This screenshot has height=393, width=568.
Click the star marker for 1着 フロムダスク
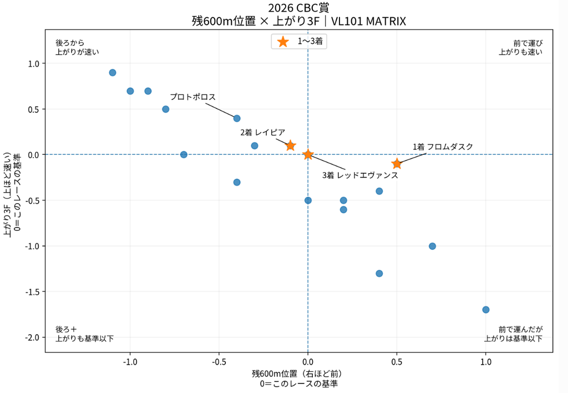397,164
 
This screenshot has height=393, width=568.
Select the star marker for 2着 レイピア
290,145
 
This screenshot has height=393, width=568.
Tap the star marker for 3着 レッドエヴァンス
308,154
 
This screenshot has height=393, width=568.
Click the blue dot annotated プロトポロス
237,118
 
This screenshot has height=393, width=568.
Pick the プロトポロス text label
192,97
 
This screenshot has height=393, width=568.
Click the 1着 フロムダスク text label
443,147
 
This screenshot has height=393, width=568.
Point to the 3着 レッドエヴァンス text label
360,175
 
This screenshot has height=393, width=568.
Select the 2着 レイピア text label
262,132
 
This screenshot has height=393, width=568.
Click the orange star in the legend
283,41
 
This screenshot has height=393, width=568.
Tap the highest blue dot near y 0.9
113,73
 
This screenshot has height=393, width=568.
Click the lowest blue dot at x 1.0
486,310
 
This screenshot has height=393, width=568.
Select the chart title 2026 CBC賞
298,8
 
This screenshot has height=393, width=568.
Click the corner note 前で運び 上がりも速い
520,48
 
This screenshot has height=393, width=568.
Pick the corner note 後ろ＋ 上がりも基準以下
84,334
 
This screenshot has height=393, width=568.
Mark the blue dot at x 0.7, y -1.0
432,246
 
